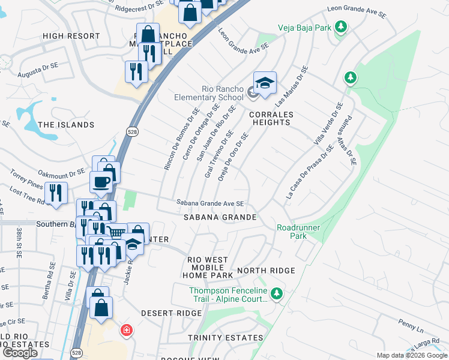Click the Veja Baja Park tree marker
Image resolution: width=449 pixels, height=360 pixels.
pos(341,27)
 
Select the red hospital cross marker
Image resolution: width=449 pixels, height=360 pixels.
pos(126,329)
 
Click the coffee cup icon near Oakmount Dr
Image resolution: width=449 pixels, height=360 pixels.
pos(100,181)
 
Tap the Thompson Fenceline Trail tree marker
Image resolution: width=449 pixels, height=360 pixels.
pos(276,293)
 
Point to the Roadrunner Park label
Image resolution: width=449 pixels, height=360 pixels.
pos(298,232)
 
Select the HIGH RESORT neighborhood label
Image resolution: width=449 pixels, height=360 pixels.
pos(71,36)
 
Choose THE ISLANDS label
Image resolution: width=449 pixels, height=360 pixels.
pos(66,125)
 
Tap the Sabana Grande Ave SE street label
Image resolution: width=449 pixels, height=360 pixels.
pos(209,203)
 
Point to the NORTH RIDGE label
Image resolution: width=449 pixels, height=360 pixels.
pos(266,271)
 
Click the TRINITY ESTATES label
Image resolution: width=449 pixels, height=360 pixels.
pos(225,338)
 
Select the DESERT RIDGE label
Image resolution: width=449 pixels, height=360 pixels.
pos(172,313)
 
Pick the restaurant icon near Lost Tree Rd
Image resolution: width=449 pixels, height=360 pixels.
pos(56,193)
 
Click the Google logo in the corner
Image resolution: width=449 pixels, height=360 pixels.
pos(20,353)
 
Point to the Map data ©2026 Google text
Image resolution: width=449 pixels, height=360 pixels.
pos(411,355)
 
